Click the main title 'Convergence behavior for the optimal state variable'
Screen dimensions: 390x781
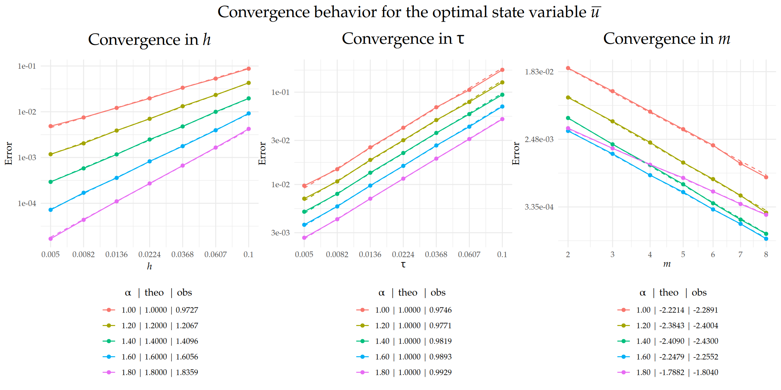(x=408, y=13)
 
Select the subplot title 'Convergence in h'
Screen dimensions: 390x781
(x=149, y=40)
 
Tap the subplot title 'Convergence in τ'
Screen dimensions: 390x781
(x=403, y=39)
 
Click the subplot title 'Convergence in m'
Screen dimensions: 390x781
(x=666, y=39)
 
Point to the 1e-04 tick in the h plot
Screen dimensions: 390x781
(x=27, y=203)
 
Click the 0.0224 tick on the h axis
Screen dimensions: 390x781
(x=149, y=255)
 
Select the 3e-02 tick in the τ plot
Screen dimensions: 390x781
(x=280, y=140)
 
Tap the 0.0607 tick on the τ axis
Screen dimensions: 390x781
(x=469, y=255)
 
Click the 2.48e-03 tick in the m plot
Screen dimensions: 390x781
(x=539, y=139)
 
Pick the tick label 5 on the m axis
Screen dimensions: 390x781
(x=683, y=255)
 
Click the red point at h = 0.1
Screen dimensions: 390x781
(x=248, y=69)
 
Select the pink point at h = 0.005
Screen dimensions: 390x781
(x=51, y=239)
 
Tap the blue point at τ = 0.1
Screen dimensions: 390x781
(x=502, y=107)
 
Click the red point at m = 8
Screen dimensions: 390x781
(x=766, y=177)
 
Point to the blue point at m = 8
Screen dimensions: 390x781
(x=766, y=239)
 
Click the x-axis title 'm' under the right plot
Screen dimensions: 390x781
(x=667, y=264)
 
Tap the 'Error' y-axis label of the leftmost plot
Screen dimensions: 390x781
(x=9, y=153)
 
